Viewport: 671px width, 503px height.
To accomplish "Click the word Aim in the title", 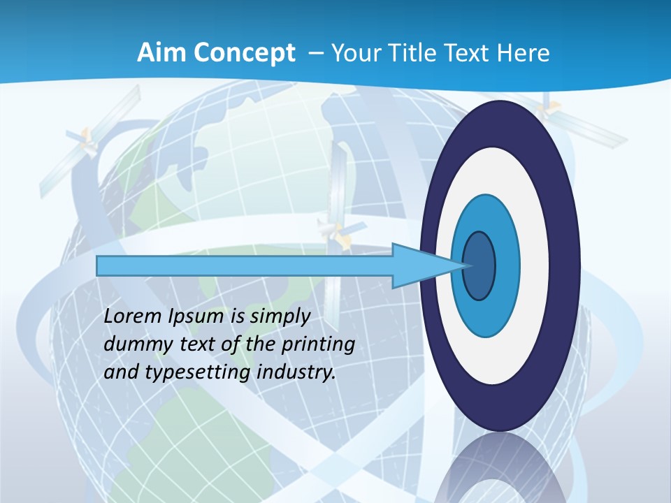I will click(155, 53).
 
